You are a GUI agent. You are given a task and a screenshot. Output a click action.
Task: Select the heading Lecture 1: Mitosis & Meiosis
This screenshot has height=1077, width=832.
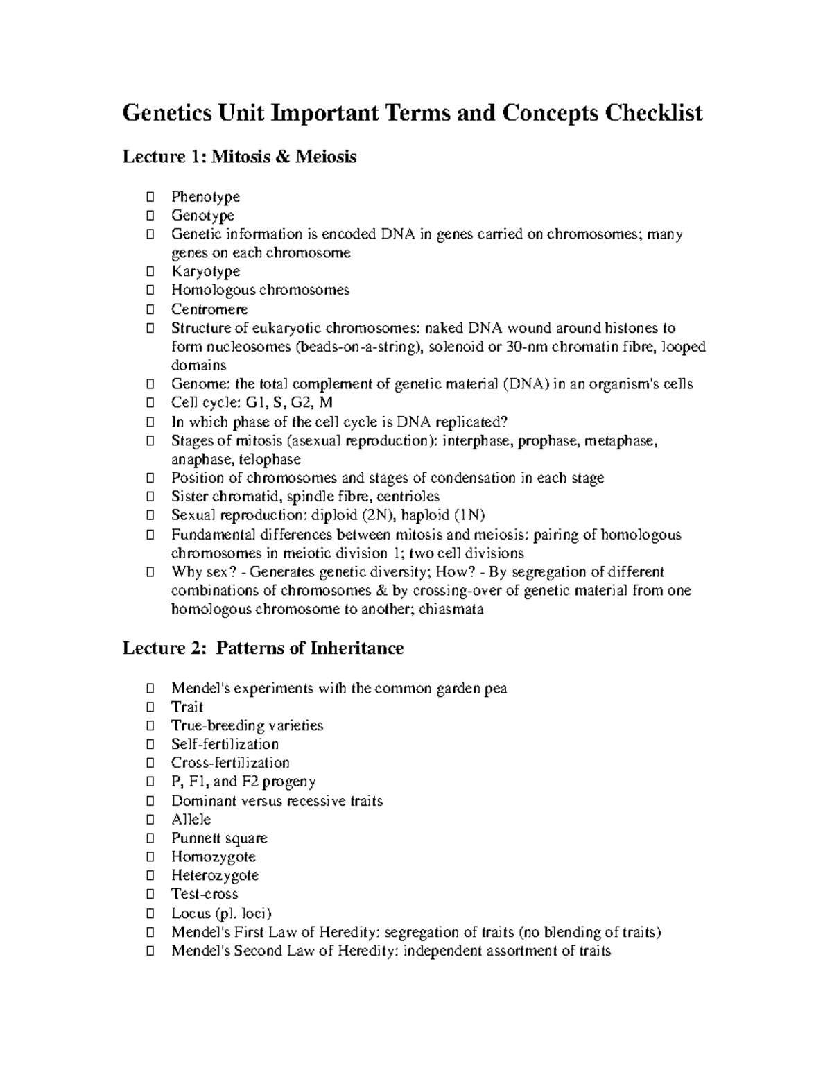pyautogui.click(x=239, y=157)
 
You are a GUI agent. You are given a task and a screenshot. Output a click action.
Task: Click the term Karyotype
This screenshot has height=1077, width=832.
pyautogui.click(x=205, y=271)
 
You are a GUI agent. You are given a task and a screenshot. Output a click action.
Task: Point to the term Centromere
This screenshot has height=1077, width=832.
pyautogui.click(x=209, y=309)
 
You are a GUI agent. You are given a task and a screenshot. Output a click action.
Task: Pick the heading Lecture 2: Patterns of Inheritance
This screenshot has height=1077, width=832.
pyautogui.click(x=263, y=648)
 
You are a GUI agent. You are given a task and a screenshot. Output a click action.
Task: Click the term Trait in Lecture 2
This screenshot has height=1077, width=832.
pyautogui.click(x=187, y=707)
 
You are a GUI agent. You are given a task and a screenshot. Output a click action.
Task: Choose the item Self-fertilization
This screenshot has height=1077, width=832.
pyautogui.click(x=225, y=744)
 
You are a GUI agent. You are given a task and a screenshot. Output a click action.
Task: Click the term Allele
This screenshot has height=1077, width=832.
pyautogui.click(x=191, y=820)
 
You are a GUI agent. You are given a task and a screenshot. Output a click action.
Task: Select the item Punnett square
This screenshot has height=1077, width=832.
pyautogui.click(x=219, y=838)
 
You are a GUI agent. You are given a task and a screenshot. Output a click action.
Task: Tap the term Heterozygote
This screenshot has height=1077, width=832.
pyautogui.click(x=215, y=876)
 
